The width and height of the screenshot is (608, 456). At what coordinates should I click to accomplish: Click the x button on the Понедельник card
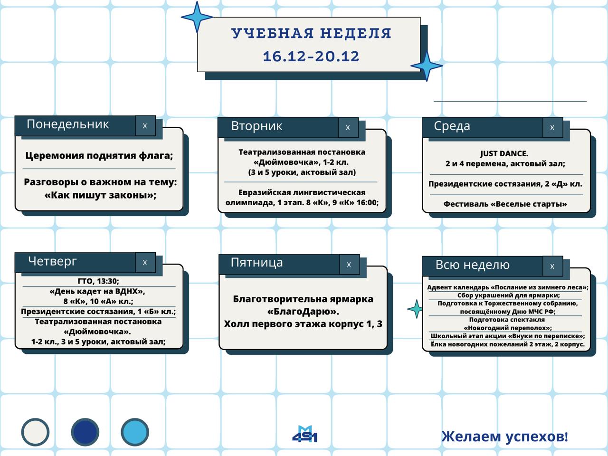click(x=145, y=126)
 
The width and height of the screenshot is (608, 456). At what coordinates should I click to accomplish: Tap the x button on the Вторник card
click(x=348, y=127)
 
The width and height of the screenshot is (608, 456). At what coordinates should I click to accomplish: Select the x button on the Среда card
click(x=552, y=127)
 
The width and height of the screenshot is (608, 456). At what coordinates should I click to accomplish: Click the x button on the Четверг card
click(x=145, y=263)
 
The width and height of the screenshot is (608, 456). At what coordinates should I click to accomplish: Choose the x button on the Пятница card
click(x=349, y=265)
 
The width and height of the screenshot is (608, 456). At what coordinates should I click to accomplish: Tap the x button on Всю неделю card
click(x=552, y=266)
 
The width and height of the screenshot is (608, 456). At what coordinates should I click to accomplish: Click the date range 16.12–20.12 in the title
click(x=311, y=56)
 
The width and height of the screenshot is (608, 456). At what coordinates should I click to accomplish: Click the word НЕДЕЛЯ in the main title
click(x=356, y=33)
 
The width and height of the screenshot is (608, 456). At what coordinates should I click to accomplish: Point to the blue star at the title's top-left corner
click(x=197, y=17)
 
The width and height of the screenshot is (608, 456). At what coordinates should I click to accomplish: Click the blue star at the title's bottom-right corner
click(x=427, y=66)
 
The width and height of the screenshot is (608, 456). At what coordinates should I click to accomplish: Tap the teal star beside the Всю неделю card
click(x=416, y=309)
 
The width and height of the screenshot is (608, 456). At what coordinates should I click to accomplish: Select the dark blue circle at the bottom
click(x=85, y=432)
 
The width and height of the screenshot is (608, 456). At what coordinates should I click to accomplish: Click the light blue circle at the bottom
click(x=135, y=432)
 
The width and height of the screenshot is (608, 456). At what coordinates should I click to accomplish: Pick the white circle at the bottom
click(x=35, y=432)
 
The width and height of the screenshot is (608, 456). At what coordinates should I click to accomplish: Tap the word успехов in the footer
click(x=536, y=437)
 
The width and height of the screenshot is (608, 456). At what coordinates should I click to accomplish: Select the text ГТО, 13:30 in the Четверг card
click(x=98, y=281)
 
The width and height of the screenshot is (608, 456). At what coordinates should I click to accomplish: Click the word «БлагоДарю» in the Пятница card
click(x=303, y=312)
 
